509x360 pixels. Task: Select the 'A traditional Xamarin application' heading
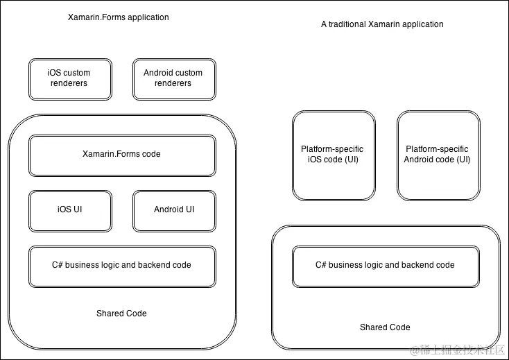382,24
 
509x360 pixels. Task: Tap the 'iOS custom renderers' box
69,78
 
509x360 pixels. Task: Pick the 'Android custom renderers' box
173,78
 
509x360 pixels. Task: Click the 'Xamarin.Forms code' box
121,155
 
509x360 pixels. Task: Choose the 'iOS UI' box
69,210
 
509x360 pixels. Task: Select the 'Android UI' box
173,210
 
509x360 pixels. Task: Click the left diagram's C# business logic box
121,266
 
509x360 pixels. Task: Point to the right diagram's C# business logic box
385,266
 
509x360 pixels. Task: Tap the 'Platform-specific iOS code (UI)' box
333,155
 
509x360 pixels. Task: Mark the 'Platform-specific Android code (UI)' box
438,155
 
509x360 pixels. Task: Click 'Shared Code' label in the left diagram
121,314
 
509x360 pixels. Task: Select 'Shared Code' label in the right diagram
385,327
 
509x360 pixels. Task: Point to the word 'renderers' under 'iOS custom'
69,83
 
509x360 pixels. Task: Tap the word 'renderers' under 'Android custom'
173,83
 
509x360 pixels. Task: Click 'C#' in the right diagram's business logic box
320,265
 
